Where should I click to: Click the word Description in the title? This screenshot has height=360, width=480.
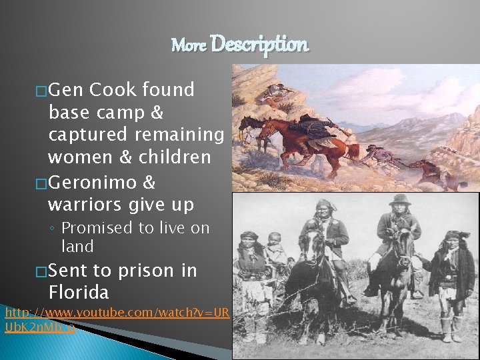pos(259,45)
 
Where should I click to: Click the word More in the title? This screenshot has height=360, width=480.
pos(189,45)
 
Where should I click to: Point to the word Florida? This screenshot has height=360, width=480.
pos(79,292)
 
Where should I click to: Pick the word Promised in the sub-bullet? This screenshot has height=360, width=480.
pos(97,228)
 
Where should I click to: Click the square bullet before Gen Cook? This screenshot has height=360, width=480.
pos(42,91)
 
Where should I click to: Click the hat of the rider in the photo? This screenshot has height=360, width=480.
pos(400,200)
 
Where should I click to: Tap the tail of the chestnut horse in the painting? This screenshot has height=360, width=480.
pos(351,149)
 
